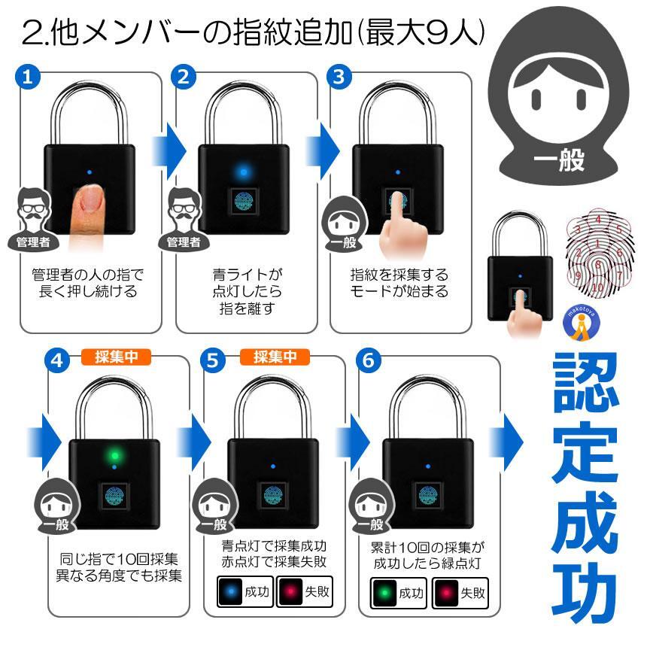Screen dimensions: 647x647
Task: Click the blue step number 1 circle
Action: [27, 77]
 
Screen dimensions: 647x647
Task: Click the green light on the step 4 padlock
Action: [114, 455]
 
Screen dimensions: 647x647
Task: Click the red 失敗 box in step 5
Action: [304, 594]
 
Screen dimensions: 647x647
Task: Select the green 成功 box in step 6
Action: [399, 594]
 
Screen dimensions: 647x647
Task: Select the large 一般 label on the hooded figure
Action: [557, 159]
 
